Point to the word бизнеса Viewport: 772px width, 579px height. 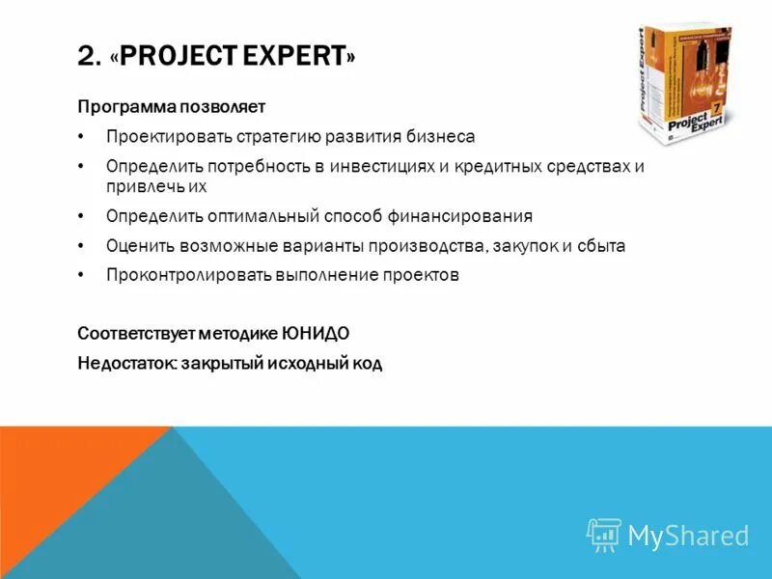click(x=443, y=137)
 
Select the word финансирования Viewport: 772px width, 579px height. click(x=461, y=216)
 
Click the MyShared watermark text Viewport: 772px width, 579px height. click(x=687, y=536)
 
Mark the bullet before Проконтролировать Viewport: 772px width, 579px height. click(x=83, y=276)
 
